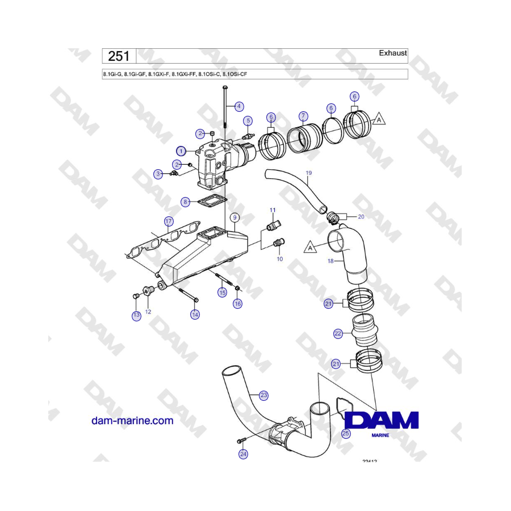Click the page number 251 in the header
point(119,56)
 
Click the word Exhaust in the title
point(393,53)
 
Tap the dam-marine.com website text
point(132,421)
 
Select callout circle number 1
point(181,151)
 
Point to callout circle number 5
point(248,120)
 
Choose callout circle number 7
point(304,115)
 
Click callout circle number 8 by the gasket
point(186,202)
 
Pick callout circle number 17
point(169,220)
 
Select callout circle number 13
point(136,316)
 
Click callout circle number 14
point(195,315)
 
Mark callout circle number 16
point(237,304)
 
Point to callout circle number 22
point(338,334)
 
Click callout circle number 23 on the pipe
point(263,395)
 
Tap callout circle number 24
point(243,454)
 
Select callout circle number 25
point(346,433)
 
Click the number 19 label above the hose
point(309,172)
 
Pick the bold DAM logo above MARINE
point(382,421)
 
